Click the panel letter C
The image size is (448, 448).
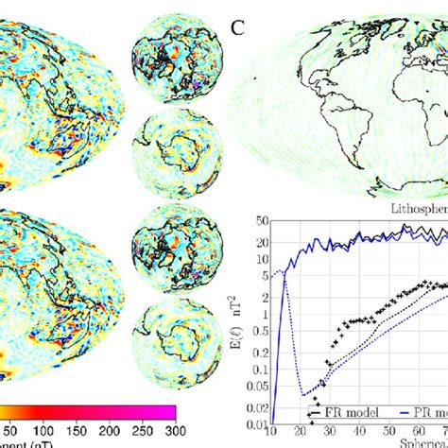pos(239,27)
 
